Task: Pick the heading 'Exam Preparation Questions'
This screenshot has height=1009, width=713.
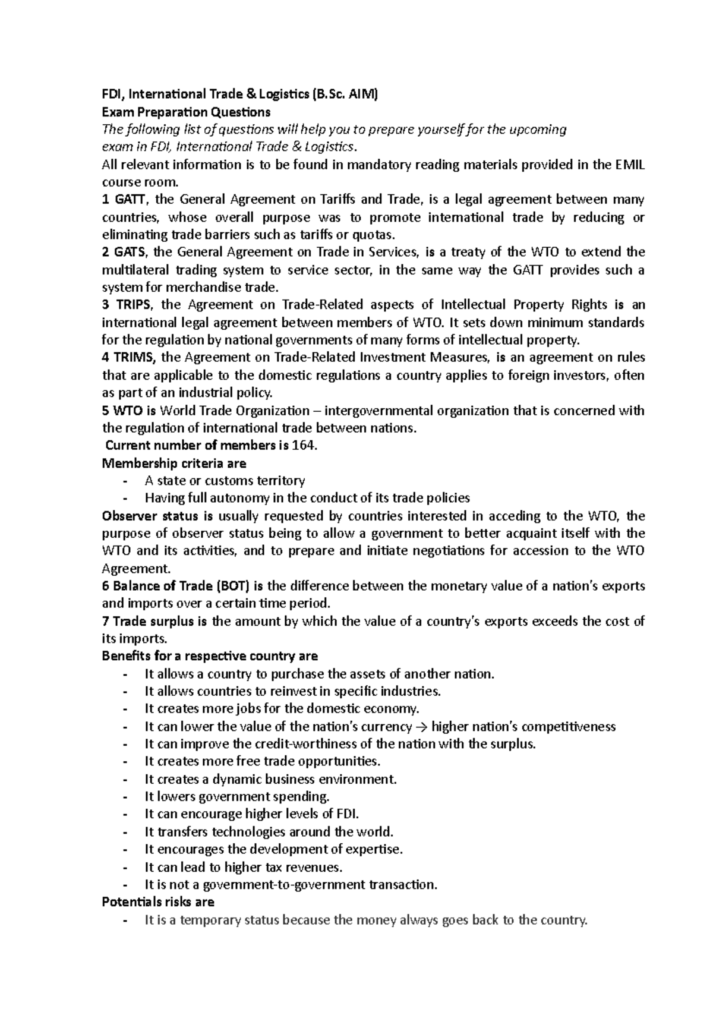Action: coord(186,112)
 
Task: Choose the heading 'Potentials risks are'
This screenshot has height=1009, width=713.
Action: coord(158,902)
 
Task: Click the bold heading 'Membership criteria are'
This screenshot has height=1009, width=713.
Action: coord(174,463)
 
